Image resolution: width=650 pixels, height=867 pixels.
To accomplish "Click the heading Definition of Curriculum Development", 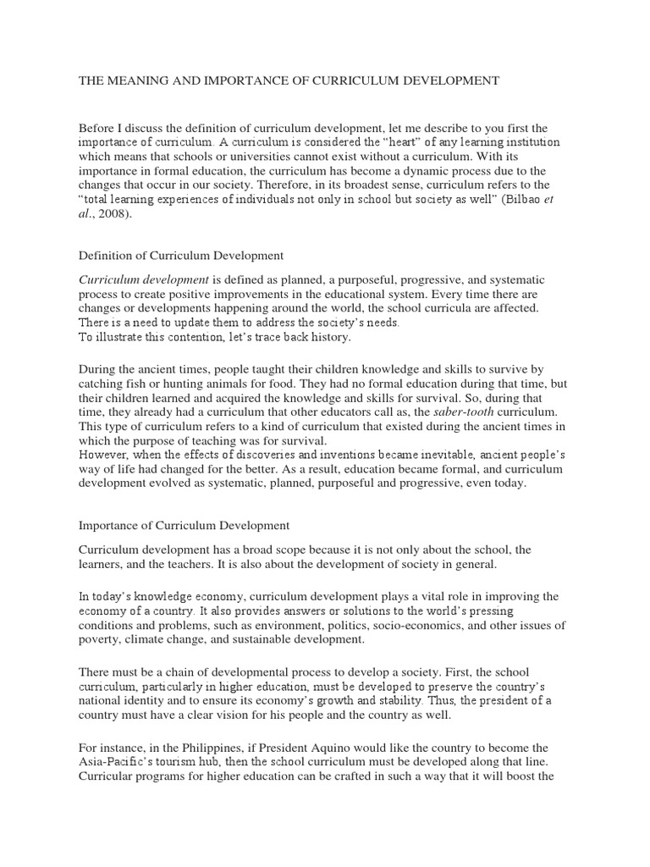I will (x=181, y=255).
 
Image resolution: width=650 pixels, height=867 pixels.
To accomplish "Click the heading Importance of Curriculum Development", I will (x=184, y=526).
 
